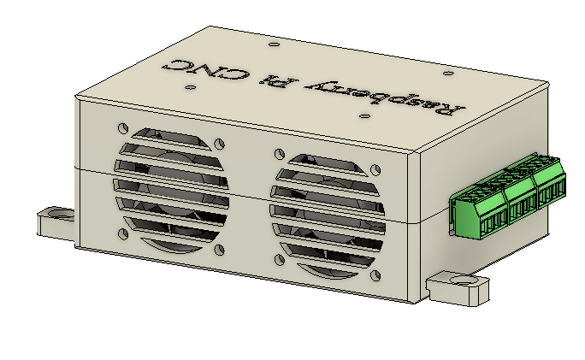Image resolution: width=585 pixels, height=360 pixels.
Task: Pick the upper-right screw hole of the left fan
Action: pyautogui.click(x=221, y=145)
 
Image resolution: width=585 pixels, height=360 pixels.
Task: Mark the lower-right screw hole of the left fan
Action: pyautogui.click(x=220, y=249)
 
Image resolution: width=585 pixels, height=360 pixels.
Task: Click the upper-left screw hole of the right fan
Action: pyautogui.click(x=278, y=153)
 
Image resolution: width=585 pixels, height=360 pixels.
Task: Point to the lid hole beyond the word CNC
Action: pyautogui.click(x=272, y=43)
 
